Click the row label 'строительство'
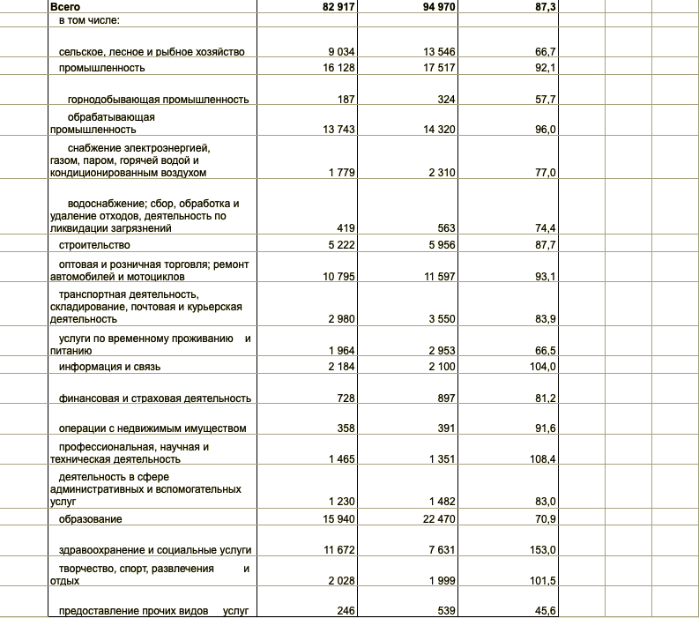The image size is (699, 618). tap(94, 244)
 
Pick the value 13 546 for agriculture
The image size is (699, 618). tap(438, 52)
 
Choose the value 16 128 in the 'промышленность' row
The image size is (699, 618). tap(339, 67)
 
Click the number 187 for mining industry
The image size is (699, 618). tap(346, 100)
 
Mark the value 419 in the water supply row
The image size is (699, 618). tap(346, 227)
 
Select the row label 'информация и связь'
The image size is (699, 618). tap(109, 366)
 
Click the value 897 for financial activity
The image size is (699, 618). tap(445, 398)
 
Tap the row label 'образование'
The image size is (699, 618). tap(90, 518)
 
